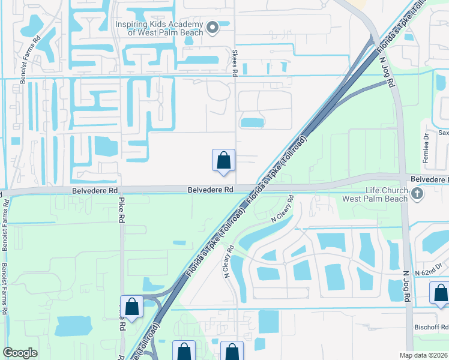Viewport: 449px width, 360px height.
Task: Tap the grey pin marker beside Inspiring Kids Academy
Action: [212, 28]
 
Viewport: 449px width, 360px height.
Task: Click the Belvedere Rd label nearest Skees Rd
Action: [210, 190]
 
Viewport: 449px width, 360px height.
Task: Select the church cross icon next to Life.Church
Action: [419, 193]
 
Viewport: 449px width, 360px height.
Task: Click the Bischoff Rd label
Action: [432, 328]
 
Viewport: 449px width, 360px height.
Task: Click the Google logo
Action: [20, 353]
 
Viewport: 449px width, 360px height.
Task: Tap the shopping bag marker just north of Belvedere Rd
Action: [223, 161]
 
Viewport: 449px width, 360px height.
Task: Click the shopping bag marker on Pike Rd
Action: [132, 307]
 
